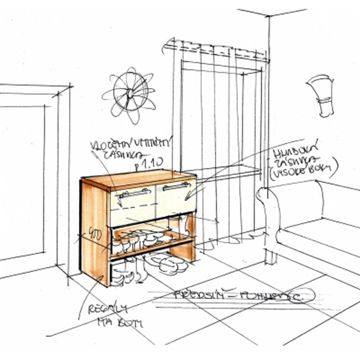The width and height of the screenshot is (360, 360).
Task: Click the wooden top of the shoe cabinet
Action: click(x=139, y=178)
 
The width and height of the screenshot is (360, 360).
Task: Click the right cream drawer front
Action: click(x=176, y=198)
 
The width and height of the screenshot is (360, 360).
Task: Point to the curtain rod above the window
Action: click(x=216, y=49)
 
